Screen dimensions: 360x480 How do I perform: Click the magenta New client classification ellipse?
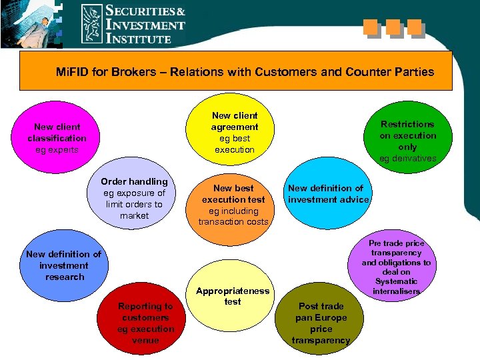point(57,138)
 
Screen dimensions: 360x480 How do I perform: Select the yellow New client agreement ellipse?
point(234,132)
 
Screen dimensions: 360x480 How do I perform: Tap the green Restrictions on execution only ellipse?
point(407,140)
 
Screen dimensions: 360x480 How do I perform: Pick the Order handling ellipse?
point(134,198)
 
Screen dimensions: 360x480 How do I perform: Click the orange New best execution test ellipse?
point(234,205)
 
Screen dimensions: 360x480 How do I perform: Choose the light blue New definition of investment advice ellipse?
point(328,194)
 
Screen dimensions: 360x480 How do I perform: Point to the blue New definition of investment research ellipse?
point(63,265)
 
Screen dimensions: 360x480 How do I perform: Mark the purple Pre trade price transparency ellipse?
point(396,267)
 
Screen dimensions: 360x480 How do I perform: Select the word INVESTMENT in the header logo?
point(145,25)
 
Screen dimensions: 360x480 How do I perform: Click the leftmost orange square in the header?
point(371,27)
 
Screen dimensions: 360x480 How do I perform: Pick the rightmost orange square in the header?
point(414,27)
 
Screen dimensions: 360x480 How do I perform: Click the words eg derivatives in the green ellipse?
point(407,158)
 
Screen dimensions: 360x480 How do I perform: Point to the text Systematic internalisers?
point(396,286)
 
